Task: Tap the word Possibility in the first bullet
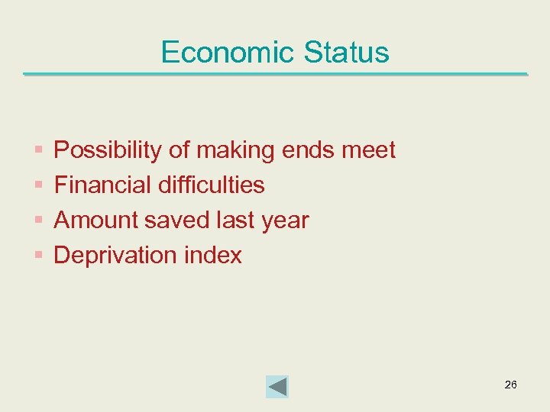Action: tap(108, 150)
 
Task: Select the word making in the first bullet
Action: tap(236, 150)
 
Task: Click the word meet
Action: tap(368, 150)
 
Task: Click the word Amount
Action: tap(95, 220)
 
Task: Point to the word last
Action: tap(235, 220)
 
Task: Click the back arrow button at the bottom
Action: tap(277, 386)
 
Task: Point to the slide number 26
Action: tap(510, 385)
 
